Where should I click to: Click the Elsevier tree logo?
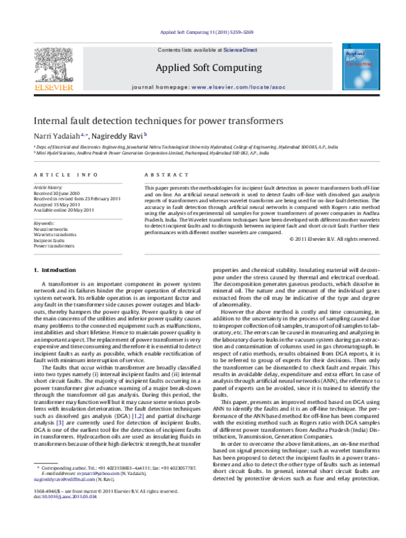(49, 64)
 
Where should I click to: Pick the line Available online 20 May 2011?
(64, 210)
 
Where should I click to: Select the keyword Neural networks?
(51, 229)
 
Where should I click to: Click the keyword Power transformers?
(54, 246)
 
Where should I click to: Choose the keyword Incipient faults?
(50, 240)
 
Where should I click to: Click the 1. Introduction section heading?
(55, 271)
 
